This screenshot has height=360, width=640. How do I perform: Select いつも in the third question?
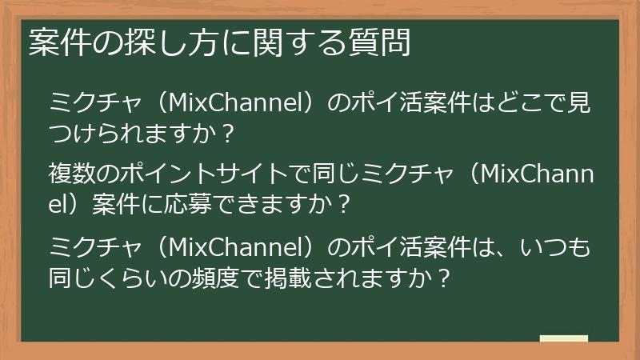click(555, 247)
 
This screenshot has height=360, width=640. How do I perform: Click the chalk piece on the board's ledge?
click(563, 338)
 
